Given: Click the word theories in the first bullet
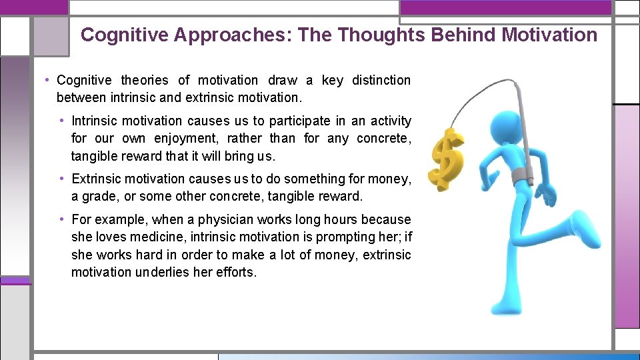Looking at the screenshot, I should pyautogui.click(x=145, y=80).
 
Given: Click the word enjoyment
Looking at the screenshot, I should pyautogui.click(x=186, y=139).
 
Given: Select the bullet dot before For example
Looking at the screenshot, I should pyautogui.click(x=62, y=219).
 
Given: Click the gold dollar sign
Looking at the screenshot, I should pyautogui.click(x=446, y=158).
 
